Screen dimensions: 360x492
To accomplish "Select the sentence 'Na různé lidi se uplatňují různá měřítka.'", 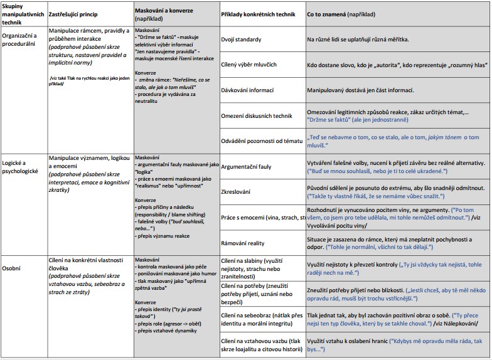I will (358, 40).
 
